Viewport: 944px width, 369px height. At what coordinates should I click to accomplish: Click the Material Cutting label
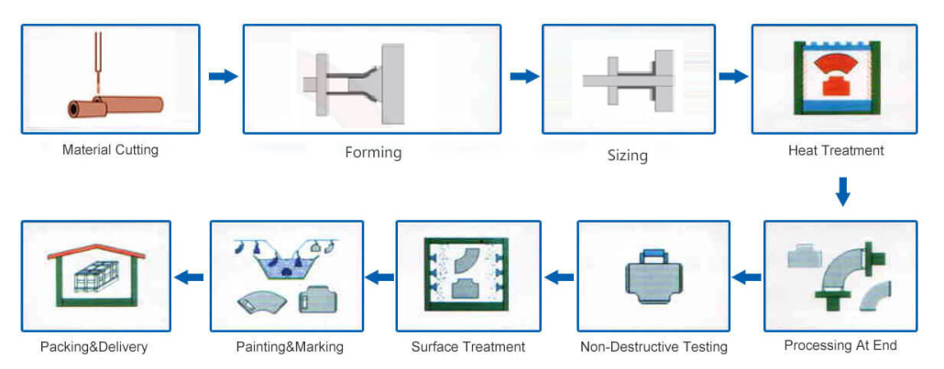110,149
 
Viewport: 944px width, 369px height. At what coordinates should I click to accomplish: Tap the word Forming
373,152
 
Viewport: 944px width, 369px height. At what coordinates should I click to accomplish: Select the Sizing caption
627,156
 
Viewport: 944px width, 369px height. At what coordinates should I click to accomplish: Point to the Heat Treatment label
836,150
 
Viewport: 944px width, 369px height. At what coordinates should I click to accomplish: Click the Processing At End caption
840,345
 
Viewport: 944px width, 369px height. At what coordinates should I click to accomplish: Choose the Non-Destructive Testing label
653,347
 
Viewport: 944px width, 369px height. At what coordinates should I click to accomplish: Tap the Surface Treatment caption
468,347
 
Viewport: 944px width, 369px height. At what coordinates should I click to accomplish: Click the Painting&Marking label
290,347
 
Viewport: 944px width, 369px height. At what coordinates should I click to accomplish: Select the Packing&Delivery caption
93,347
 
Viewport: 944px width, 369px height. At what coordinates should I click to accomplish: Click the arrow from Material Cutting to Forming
223,76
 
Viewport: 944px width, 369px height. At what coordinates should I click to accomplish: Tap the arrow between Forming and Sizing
523,76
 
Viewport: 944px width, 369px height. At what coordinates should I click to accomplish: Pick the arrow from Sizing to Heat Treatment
733,76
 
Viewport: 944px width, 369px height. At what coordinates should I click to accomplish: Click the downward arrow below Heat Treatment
843,191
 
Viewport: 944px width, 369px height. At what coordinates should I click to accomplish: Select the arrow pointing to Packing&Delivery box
189,277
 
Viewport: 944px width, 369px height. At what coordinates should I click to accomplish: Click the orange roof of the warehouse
95,251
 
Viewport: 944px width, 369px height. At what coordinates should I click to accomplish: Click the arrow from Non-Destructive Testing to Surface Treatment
559,277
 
